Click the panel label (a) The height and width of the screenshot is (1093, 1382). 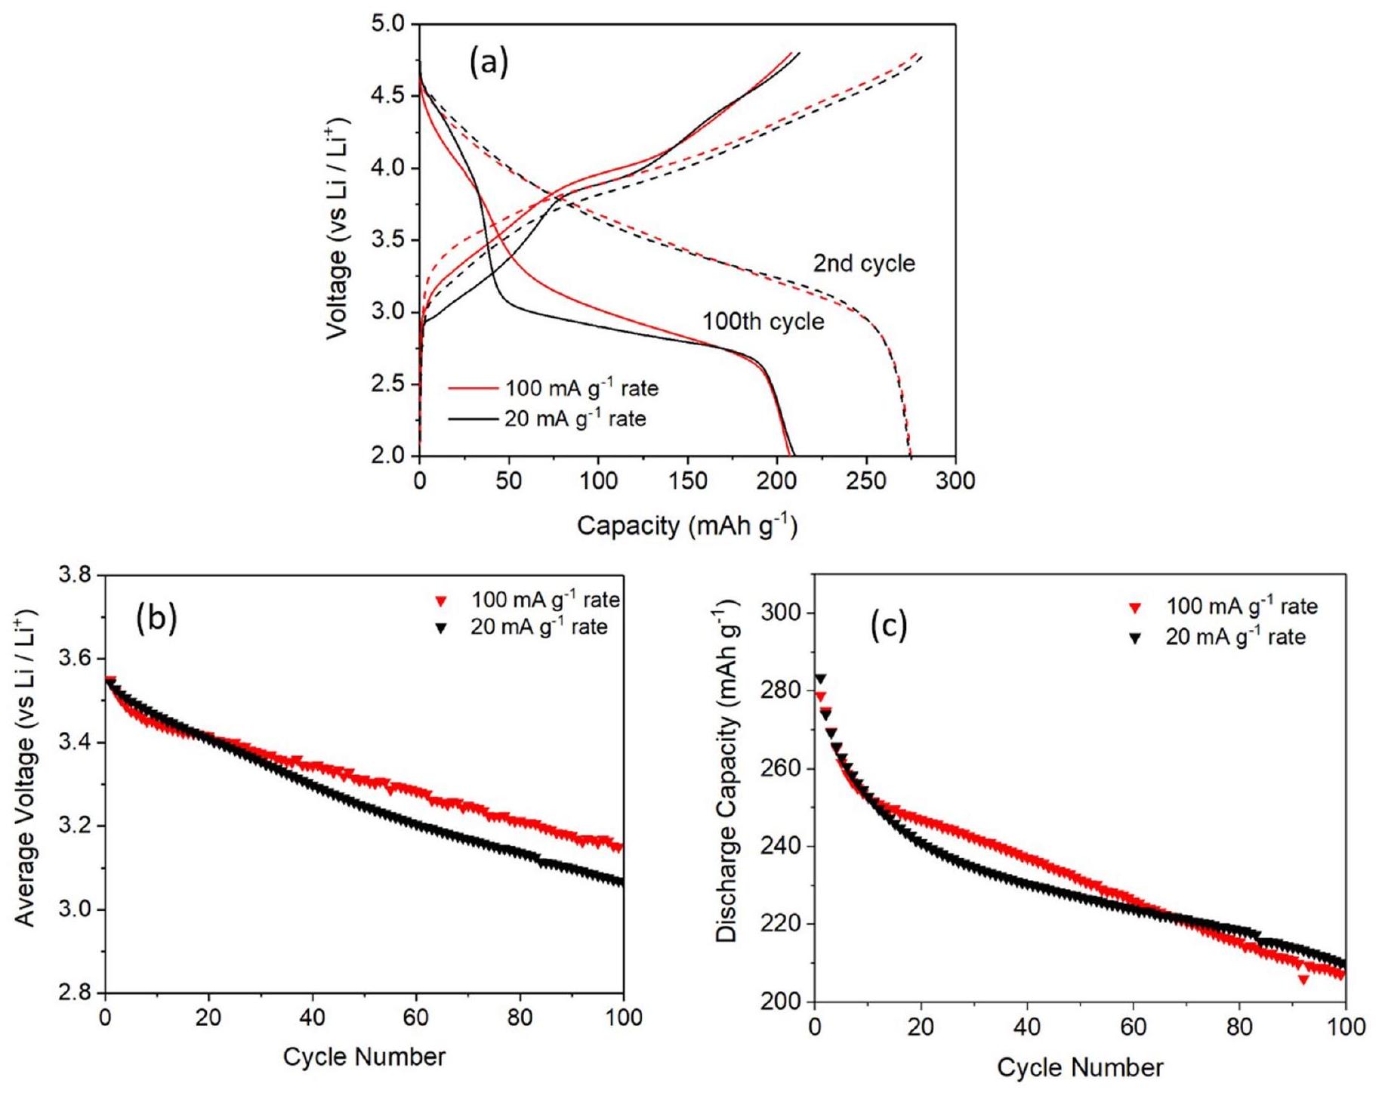pyautogui.click(x=489, y=63)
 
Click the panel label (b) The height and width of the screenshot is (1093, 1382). pyautogui.click(x=156, y=619)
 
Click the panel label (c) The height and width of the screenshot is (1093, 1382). pyautogui.click(x=889, y=626)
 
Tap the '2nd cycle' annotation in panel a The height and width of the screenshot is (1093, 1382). pyautogui.click(x=863, y=264)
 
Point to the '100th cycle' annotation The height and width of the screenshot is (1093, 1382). pyautogui.click(x=763, y=322)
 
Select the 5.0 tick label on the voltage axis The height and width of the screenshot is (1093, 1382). pyautogui.click(x=390, y=24)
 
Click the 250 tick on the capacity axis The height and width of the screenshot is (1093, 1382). pyautogui.click(x=866, y=480)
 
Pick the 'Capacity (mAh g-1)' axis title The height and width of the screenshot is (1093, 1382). pyautogui.click(x=686, y=525)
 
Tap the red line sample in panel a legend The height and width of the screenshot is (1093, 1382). pyautogui.click(x=473, y=389)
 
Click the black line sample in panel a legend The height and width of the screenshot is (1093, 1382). pyautogui.click(x=473, y=418)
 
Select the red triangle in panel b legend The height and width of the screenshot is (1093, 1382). pyautogui.click(x=442, y=602)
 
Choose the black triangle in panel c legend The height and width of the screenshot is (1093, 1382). pyautogui.click(x=1135, y=638)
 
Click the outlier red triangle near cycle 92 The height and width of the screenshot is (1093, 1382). pyautogui.click(x=1303, y=980)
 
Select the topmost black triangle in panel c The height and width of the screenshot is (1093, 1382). pyautogui.click(x=820, y=679)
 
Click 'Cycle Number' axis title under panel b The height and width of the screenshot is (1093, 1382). pyautogui.click(x=364, y=1057)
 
